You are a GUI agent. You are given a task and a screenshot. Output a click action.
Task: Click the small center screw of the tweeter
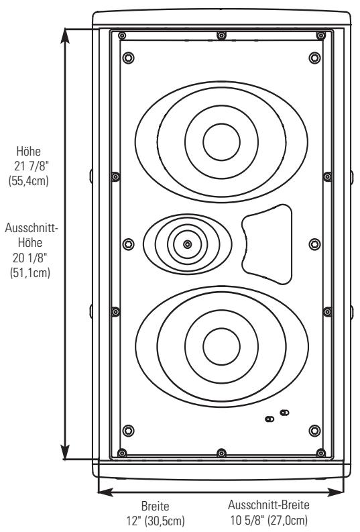click(x=187, y=244)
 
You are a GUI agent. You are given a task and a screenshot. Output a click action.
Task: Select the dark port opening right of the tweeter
click(x=267, y=242)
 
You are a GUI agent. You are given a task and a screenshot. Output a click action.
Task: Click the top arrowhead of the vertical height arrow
click(x=65, y=33)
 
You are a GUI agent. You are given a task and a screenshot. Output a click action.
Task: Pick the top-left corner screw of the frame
click(x=121, y=36)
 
